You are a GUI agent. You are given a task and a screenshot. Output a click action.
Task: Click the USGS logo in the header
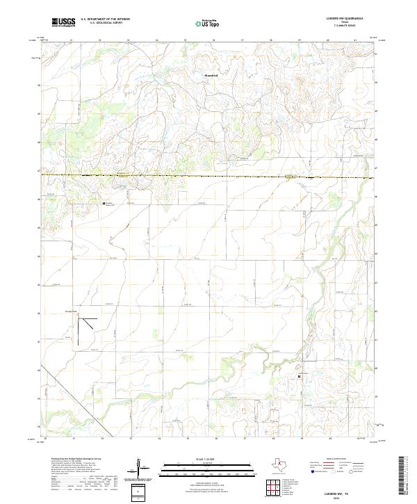pos(63,22)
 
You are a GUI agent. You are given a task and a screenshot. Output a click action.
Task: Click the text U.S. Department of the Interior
pos(105,19)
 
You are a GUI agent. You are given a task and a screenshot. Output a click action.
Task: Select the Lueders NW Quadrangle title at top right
pos(342,19)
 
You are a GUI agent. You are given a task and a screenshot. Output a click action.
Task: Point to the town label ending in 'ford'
pos(211,75)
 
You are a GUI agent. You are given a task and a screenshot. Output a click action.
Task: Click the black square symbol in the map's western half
pos(104,204)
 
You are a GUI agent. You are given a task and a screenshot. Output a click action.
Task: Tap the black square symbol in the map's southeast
pos(300,377)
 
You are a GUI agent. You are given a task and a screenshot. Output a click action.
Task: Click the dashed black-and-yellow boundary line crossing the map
pos(208,176)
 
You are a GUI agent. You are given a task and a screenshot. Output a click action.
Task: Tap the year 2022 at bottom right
pos(342,497)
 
